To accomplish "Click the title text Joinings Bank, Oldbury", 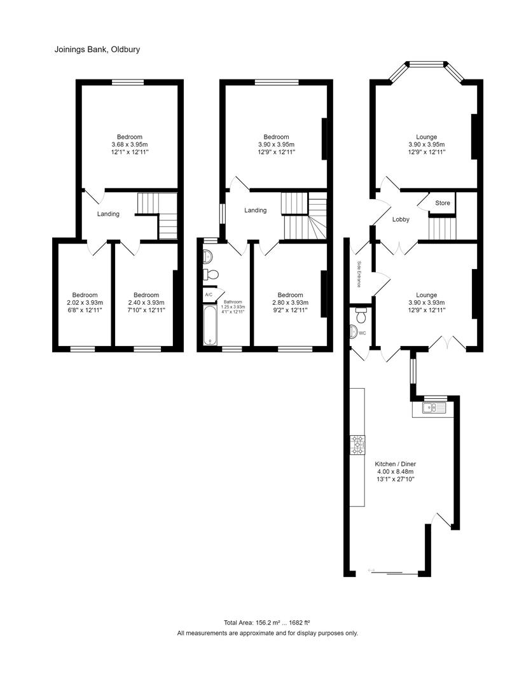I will click(x=97, y=49).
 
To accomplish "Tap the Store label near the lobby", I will click(x=443, y=203).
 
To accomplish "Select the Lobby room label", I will click(x=401, y=219).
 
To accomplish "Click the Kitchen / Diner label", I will click(x=396, y=464).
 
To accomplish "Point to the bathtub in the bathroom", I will click(x=210, y=324).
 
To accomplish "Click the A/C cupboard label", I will click(x=209, y=295).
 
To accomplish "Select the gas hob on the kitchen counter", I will click(x=358, y=444).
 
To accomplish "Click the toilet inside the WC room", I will click(x=361, y=315).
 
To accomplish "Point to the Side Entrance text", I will click(x=359, y=274).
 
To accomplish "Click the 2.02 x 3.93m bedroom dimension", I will click(x=85, y=303).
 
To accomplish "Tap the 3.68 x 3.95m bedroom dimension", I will click(x=130, y=144).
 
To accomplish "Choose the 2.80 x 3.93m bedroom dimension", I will click(x=290, y=303).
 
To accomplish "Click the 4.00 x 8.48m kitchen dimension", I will click(x=396, y=472).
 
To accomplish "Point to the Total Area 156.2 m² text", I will click(x=266, y=623).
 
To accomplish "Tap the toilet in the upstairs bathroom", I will click(x=212, y=275).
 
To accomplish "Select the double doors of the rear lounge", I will click(x=448, y=344).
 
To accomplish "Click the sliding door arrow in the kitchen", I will click(x=371, y=569).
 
